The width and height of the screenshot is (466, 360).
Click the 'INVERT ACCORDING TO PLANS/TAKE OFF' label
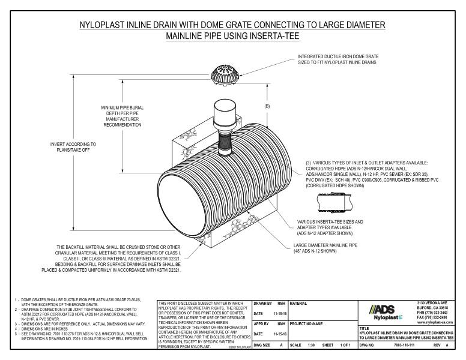[x=73, y=148]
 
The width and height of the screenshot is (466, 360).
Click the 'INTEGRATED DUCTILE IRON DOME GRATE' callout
[x=339, y=58]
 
